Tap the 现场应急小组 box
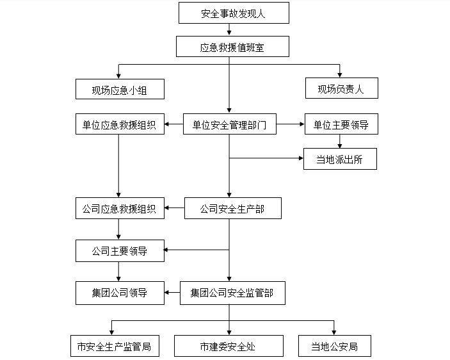click(120, 89)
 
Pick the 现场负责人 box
click(341, 89)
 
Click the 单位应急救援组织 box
click(120, 125)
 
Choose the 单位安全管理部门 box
click(229, 125)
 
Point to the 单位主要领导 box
click(341, 125)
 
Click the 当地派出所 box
click(339, 159)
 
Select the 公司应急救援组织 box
click(120, 208)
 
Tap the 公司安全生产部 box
click(232, 208)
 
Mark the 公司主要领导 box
click(120, 251)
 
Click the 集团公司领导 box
click(120, 293)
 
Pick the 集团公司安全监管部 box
click(232, 293)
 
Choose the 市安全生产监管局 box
click(114, 347)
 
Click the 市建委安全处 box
click(228, 347)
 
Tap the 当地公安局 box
click(334, 347)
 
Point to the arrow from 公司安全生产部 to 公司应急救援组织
click(174, 208)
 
